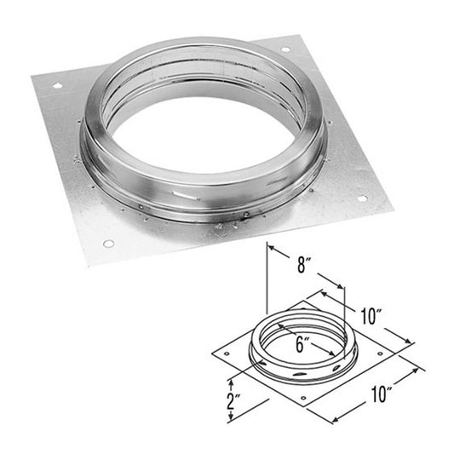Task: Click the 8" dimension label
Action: tap(296, 265)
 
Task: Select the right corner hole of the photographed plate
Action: tap(361, 199)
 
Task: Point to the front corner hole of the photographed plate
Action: tap(108, 244)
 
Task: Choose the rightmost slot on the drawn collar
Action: tap(338, 366)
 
